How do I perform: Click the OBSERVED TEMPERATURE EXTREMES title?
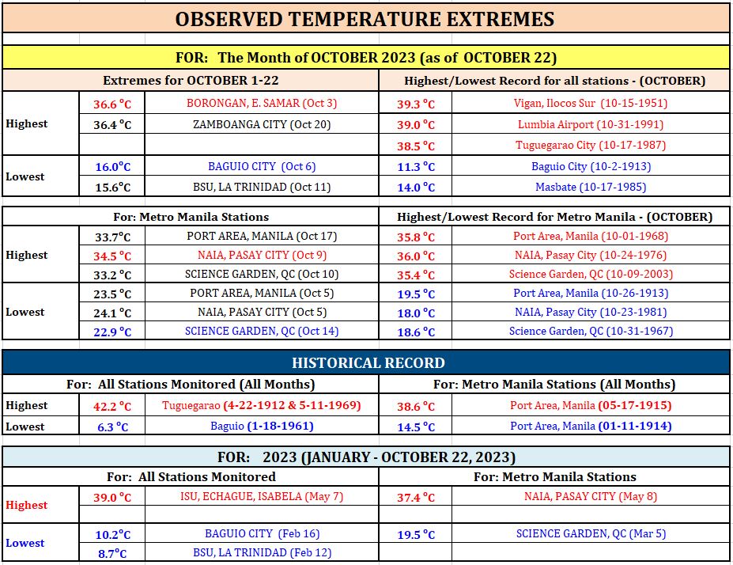365,19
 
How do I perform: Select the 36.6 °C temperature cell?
112,104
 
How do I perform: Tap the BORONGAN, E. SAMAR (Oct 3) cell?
262,103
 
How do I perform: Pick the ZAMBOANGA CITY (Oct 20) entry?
262,124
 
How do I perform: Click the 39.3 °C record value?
416,104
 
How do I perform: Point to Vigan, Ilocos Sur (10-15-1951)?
591,103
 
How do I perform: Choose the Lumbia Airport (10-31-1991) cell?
591,124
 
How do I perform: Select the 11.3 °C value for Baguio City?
416,166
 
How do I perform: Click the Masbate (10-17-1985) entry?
591,187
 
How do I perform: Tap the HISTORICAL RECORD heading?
368,363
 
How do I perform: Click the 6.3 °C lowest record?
112,427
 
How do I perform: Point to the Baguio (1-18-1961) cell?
262,426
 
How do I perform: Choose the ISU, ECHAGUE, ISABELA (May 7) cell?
262,496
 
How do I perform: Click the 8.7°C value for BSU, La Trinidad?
112,554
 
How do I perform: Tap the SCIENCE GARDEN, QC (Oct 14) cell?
262,331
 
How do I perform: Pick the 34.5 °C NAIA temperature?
112,256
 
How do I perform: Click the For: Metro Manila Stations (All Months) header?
554,385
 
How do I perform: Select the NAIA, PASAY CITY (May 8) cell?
591,496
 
